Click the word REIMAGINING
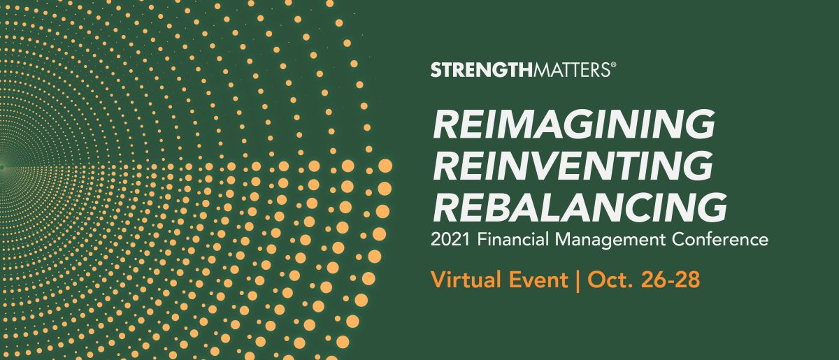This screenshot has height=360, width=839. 574,124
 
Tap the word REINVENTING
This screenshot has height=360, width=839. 573,166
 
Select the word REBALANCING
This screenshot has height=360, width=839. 580,207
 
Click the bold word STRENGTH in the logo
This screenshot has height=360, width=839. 481,70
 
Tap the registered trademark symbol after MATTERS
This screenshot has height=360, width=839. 614,65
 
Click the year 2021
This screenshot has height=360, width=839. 450,239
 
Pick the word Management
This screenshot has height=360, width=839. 610,240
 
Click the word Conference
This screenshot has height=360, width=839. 720,239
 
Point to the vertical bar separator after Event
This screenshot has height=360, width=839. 578,280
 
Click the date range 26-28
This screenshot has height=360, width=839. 671,280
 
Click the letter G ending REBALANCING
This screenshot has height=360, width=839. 711,207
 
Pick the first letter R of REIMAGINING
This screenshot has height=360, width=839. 447,124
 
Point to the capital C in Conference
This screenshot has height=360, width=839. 679,239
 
